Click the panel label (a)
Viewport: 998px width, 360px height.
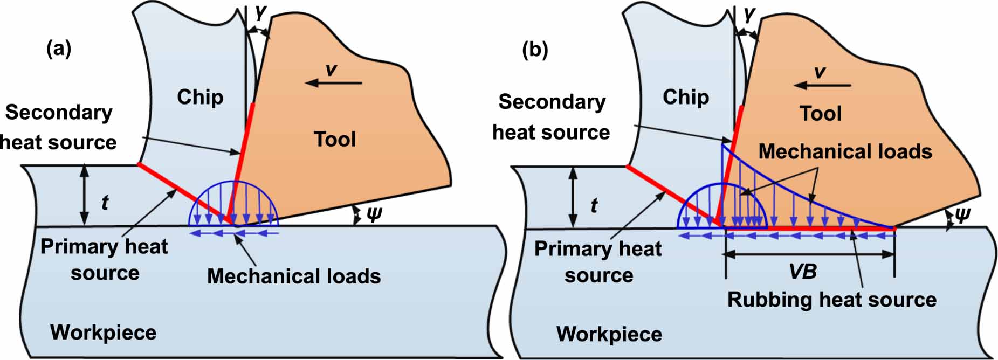tap(59, 49)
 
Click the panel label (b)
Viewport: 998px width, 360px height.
tap(535, 50)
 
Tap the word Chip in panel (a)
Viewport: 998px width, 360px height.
tap(200, 97)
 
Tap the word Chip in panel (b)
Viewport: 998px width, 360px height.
tap(685, 97)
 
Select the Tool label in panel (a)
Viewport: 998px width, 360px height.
tap(335, 139)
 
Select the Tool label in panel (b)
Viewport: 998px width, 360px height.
tap(820, 114)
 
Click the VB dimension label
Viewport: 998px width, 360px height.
tap(802, 272)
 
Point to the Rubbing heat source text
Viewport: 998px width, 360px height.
tap(831, 300)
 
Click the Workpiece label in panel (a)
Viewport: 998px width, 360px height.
tap(103, 333)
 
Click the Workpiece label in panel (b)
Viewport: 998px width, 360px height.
tap(609, 334)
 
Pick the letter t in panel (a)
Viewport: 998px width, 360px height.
tap(105, 203)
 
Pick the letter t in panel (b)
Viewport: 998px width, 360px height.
tap(594, 205)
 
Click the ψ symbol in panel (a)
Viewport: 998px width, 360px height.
tap(373, 214)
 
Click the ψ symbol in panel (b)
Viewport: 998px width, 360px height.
tap(962, 215)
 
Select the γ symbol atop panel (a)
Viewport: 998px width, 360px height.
tap(261, 12)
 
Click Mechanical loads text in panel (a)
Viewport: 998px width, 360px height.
tap(294, 276)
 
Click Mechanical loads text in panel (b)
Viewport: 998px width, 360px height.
tap(845, 152)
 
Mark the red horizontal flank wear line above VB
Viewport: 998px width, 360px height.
tap(809, 229)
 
